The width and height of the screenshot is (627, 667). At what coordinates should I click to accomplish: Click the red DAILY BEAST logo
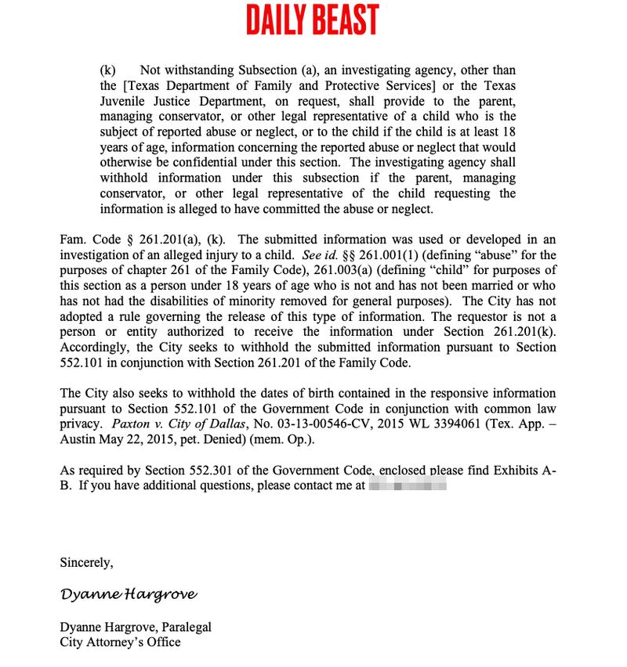[x=312, y=20]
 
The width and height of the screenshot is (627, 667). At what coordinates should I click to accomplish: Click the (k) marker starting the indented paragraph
[x=108, y=70]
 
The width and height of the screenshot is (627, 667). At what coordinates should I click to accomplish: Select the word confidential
[x=303, y=162]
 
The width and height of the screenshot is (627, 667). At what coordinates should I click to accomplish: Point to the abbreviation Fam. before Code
[x=73, y=239]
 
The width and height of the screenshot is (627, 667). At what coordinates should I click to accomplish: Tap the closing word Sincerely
[x=86, y=562]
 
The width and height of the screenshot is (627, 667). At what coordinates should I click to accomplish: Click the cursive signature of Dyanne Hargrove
[x=129, y=594]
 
